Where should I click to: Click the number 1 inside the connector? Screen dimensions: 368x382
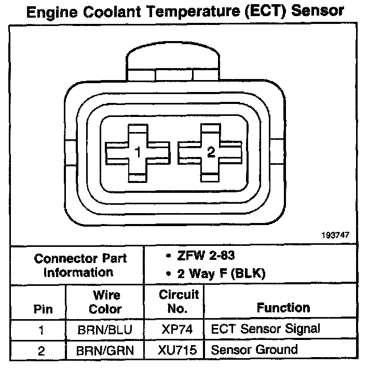coord(138,153)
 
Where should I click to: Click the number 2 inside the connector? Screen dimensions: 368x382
coord(211,152)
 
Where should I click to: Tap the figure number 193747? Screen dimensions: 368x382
coord(335,235)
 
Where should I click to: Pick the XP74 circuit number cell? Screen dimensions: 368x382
coord(179,329)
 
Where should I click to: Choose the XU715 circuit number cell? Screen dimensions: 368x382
coord(179,350)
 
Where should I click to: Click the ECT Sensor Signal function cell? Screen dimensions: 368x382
coord(265,328)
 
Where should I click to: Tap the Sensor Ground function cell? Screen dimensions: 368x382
coord(254,349)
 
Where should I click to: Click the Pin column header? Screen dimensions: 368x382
coord(43,309)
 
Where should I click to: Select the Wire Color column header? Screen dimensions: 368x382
coord(106,302)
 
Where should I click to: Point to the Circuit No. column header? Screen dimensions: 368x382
coord(179,302)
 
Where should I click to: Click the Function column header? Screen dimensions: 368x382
coord(283,308)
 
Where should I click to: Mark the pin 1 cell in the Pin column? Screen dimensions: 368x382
coord(42,329)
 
